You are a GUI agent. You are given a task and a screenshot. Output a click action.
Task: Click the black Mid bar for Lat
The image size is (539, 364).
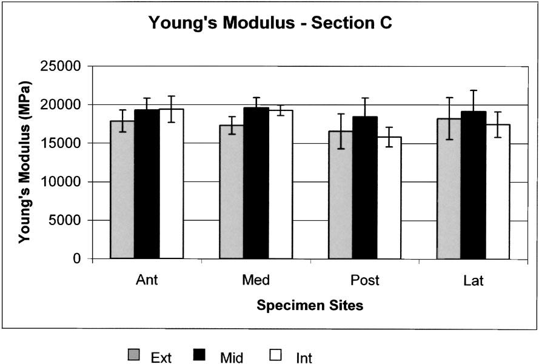(x=473, y=184)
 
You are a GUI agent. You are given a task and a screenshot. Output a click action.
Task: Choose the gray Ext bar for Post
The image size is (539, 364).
(x=341, y=194)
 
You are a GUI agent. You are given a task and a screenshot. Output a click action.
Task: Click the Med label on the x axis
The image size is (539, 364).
(x=256, y=280)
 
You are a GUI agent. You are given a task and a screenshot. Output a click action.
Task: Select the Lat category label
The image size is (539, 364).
(x=473, y=280)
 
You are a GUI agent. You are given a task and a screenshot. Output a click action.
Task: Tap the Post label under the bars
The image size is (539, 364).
(x=364, y=280)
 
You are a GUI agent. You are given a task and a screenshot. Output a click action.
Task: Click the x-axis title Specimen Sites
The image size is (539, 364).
(x=310, y=306)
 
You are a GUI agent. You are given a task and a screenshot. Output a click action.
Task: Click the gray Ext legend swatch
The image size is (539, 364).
(x=133, y=355)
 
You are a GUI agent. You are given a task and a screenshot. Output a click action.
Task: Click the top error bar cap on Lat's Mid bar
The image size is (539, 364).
(x=473, y=90)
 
